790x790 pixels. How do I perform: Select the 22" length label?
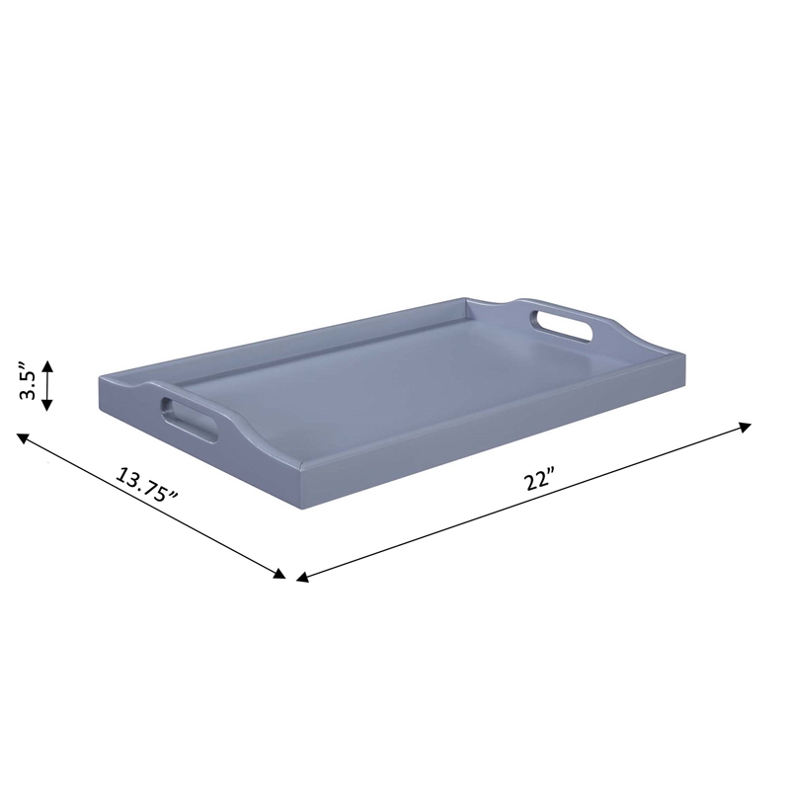tap(539, 482)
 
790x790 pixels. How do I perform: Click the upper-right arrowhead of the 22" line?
tap(747, 427)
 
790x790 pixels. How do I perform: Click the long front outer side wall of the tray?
tap(494, 439)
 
